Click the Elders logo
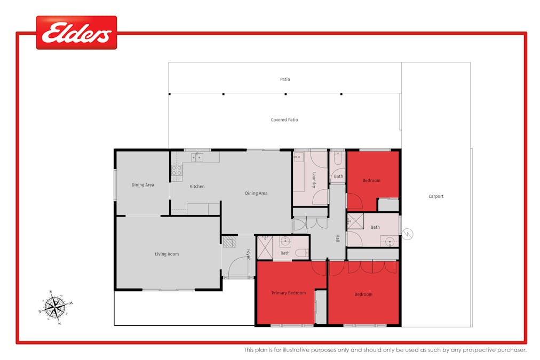coord(76,33)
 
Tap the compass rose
coord(55,307)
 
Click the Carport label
coord(435,196)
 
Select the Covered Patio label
coord(284,120)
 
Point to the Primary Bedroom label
coord(289,293)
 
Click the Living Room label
coord(166,254)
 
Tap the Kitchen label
coord(197,186)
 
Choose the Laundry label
coord(314,180)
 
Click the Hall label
coord(338,238)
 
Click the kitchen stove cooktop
coord(177,171)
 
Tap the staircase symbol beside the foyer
coord(229,242)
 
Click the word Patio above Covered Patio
coord(285,79)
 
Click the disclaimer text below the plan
coord(385,350)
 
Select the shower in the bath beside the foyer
coord(265,247)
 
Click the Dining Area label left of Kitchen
coord(142,185)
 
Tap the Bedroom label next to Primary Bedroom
coord(363,294)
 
